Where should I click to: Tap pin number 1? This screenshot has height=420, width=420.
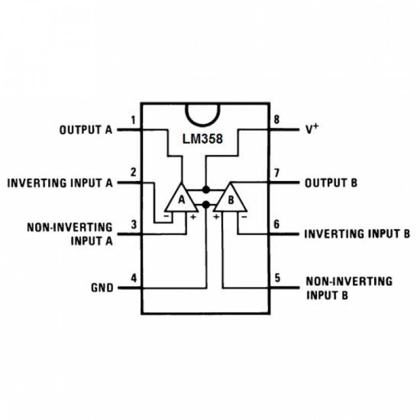[x=133, y=120]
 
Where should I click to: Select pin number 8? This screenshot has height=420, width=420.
[x=276, y=120]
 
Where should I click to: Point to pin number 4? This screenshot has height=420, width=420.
[x=133, y=278]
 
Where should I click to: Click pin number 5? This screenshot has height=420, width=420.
[x=277, y=278]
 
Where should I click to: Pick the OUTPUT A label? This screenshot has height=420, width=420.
[x=86, y=130]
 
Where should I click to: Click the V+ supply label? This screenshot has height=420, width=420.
[x=312, y=129]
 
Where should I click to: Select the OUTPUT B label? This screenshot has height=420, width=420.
[x=331, y=183]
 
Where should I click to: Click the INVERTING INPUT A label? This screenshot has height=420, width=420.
[x=60, y=183]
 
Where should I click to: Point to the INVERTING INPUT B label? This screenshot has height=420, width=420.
[x=357, y=234]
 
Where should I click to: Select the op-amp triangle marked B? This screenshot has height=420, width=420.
[x=231, y=199]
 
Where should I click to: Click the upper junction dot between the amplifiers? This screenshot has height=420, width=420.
[x=206, y=189]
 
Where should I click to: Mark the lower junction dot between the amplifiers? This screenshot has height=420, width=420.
[x=206, y=204]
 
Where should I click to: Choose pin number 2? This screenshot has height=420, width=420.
[x=133, y=172]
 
